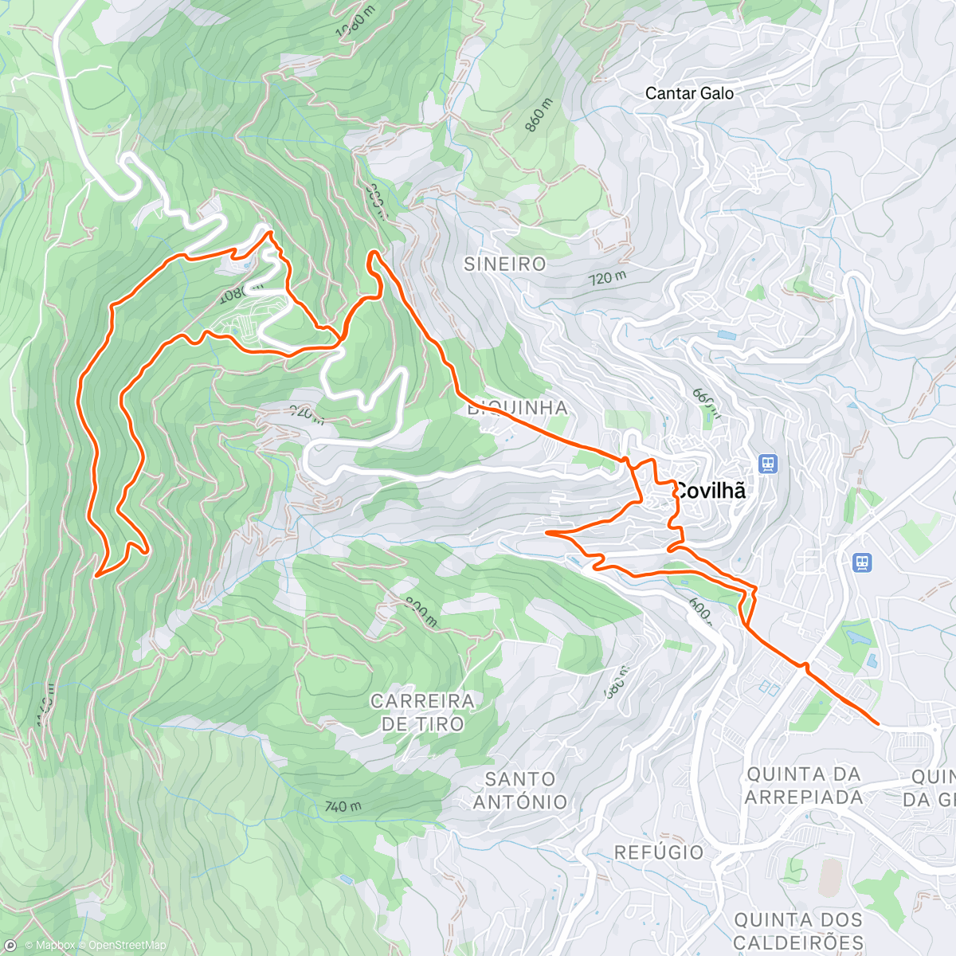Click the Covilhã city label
click(x=710, y=491)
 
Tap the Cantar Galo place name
click(x=689, y=93)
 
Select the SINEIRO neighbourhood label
click(x=505, y=264)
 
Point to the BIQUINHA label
click(x=518, y=408)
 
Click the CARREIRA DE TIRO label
click(x=422, y=712)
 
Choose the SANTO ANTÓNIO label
click(x=519, y=790)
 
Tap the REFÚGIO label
click(x=659, y=852)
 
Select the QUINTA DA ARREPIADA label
click(x=804, y=786)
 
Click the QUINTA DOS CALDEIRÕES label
click(x=798, y=931)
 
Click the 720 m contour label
click(x=607, y=277)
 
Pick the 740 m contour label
click(x=343, y=806)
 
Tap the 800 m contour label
click(x=420, y=611)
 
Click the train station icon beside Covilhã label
click(x=768, y=463)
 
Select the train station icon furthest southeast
click(x=861, y=562)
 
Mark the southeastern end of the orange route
click(x=878, y=723)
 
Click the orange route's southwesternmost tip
click(x=96, y=574)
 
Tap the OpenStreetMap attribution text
click(x=127, y=946)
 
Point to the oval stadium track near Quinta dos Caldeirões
click(x=829, y=879)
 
